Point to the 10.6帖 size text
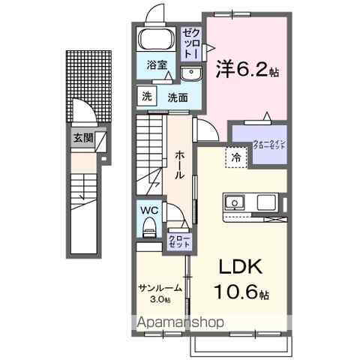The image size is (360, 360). (x=241, y=293)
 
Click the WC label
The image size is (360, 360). (x=147, y=210)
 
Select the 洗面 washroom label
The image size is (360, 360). (x=178, y=97)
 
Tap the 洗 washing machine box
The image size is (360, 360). (x=146, y=96)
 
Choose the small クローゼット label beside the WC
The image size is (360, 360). (x=179, y=241)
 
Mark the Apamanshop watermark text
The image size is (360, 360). (x=179, y=322)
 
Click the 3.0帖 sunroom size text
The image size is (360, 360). (x=160, y=299)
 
